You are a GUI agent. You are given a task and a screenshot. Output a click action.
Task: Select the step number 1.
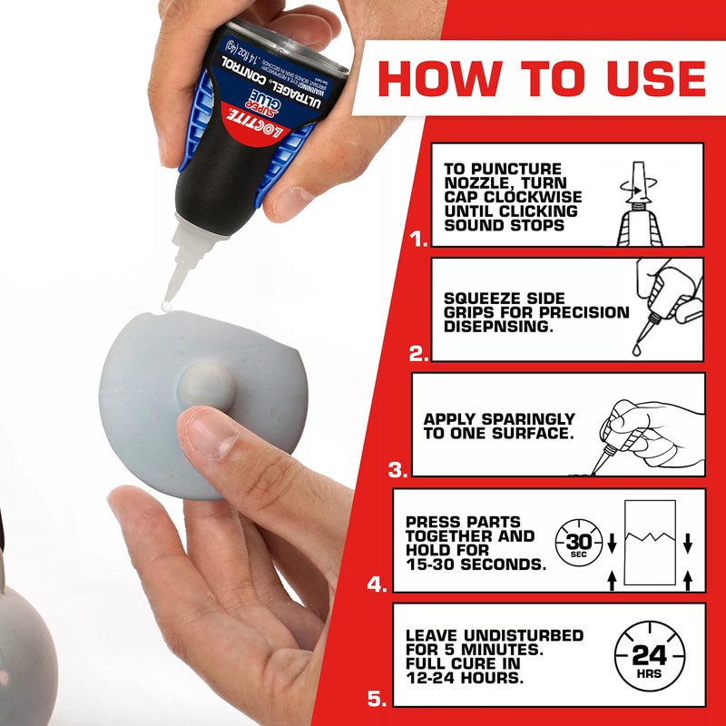[417, 240]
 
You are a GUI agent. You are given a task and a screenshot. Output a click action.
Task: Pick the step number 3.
[397, 470]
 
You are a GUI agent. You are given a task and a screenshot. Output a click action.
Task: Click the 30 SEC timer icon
[575, 543]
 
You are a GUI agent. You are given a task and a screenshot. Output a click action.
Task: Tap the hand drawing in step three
[635, 427]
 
